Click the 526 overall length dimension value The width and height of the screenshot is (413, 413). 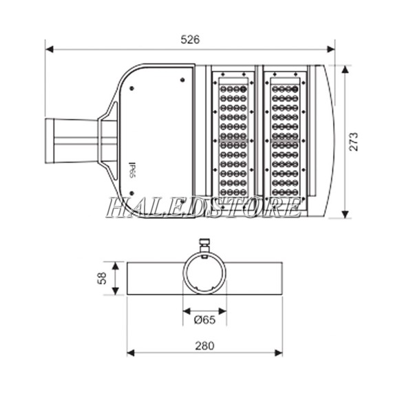[190, 40]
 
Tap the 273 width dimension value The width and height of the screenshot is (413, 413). [354, 142]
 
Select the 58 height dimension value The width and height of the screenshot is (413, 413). [102, 278]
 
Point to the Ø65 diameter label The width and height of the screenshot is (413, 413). [204, 320]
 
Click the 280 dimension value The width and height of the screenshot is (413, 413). [204, 346]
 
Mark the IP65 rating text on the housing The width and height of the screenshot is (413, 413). [132, 170]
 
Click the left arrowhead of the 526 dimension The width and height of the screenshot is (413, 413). [50, 50]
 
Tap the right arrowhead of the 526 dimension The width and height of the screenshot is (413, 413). [331, 50]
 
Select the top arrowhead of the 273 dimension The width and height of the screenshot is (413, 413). [346, 70]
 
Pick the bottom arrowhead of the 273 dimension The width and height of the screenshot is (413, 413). [346, 214]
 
